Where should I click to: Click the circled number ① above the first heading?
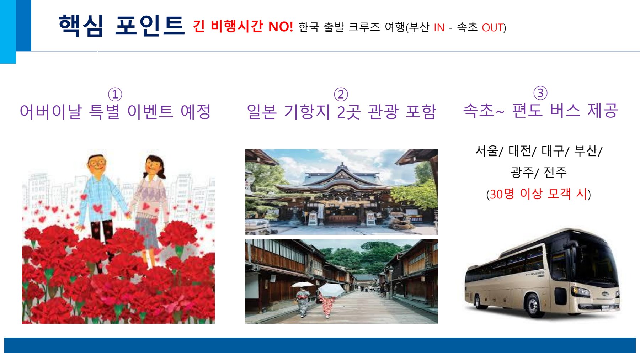(x=115, y=95)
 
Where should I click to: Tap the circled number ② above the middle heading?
(x=341, y=95)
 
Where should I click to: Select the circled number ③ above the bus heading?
(x=540, y=93)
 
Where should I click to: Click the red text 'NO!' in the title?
(x=281, y=27)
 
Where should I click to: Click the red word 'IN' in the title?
(x=439, y=28)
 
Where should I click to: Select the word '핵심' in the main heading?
(x=81, y=26)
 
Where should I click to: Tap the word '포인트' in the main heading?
(x=150, y=26)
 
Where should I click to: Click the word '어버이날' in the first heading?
(x=50, y=111)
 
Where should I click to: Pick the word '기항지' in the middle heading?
(x=307, y=112)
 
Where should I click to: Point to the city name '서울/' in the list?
(x=489, y=151)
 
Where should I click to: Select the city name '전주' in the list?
(x=555, y=173)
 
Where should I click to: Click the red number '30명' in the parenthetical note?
(x=502, y=194)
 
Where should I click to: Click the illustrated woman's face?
(x=154, y=166)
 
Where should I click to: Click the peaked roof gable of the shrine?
(x=342, y=170)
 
